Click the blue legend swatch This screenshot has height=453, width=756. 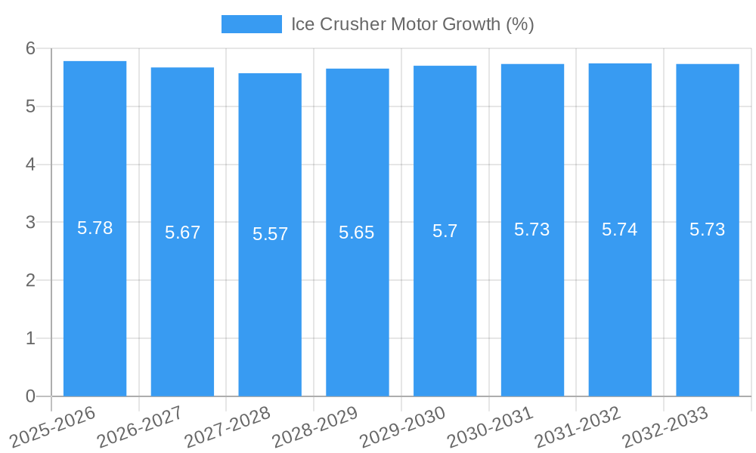[x=251, y=24]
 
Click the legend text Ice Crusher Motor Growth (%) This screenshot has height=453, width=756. [x=412, y=24]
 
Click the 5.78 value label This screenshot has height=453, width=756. [x=94, y=228]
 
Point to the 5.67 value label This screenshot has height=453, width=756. [x=182, y=233]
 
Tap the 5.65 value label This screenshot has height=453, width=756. [x=357, y=233]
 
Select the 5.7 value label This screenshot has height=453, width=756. [x=445, y=231]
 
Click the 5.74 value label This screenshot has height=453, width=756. [x=620, y=230]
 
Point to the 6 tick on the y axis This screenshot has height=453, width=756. [x=31, y=48]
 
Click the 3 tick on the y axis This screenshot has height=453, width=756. [x=31, y=223]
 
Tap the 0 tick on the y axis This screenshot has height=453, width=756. [x=31, y=396]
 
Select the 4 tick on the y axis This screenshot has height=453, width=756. [x=31, y=165]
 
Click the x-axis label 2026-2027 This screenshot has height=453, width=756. [x=139, y=427]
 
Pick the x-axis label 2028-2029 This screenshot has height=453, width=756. [x=314, y=427]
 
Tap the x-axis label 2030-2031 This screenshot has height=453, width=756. [x=489, y=427]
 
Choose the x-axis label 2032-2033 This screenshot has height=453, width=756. [x=665, y=427]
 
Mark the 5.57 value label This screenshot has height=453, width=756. [x=270, y=234]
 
